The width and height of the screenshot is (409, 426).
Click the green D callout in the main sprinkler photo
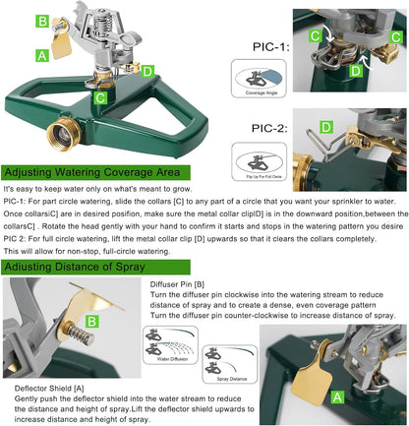pos(146,70)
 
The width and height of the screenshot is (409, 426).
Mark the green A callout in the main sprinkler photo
pos(42,55)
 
